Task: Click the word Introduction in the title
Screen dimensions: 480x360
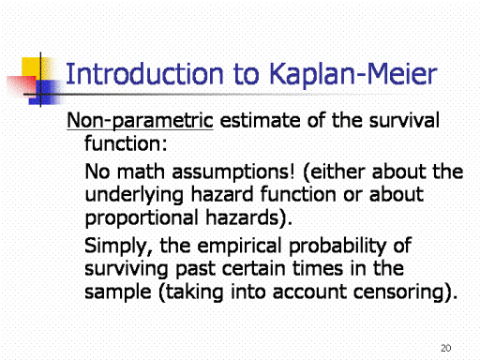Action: click(145, 74)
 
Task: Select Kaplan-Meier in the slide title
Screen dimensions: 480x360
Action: click(352, 75)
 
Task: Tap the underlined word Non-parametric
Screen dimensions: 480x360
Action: click(140, 121)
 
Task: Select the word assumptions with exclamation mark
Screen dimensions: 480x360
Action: click(233, 172)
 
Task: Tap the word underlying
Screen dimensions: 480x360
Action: click(134, 195)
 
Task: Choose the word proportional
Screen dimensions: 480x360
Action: click(142, 218)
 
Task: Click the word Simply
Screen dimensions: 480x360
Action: click(118, 247)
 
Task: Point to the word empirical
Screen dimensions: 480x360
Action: click(240, 247)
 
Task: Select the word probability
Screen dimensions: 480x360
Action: click(337, 247)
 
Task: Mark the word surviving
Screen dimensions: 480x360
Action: click(127, 269)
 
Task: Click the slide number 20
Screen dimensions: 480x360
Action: click(446, 348)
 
